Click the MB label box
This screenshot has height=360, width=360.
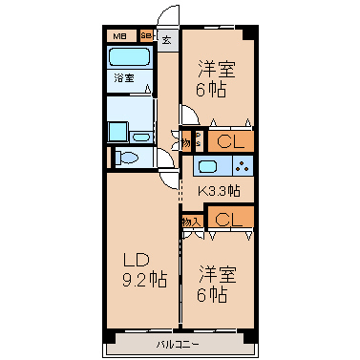120,37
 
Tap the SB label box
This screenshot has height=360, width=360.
146,37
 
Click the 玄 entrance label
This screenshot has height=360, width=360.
166,40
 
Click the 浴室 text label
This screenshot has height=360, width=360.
124,77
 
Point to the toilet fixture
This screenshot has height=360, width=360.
130,157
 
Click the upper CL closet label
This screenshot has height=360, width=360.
227,141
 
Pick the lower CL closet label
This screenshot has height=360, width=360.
227,220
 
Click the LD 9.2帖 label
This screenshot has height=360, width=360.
143,269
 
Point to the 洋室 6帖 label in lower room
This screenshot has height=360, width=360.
218,284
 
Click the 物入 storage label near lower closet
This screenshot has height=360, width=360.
191,221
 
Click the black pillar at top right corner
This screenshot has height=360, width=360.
249,35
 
